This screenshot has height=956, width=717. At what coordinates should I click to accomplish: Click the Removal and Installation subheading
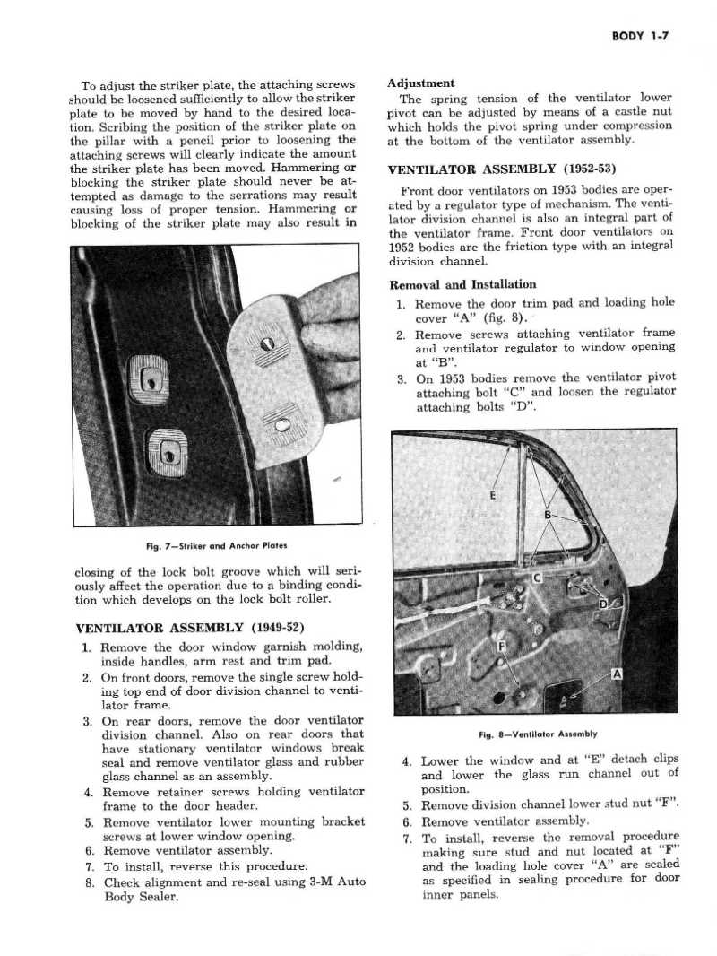462,284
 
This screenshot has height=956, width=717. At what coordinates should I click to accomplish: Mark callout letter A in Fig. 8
618,674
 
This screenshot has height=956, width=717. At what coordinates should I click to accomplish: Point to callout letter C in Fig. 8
539,579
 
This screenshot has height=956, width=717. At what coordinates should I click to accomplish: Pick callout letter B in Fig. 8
548,515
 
